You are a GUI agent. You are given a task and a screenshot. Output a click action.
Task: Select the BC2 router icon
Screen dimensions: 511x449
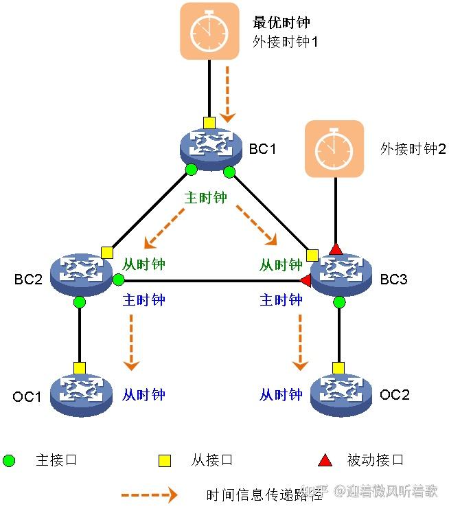[80, 274]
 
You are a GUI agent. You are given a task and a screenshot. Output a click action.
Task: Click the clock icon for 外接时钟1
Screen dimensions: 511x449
[209, 30]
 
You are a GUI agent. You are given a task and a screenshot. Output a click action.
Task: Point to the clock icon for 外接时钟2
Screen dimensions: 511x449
[334, 149]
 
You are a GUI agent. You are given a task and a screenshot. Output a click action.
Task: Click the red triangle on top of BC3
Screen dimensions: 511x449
[336, 248]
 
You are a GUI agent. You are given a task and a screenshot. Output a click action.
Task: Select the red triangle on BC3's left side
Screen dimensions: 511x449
[306, 280]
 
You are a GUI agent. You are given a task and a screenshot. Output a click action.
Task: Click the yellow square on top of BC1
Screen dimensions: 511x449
[209, 122]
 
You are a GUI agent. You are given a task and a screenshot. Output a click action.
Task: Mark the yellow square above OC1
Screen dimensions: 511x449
[80, 367]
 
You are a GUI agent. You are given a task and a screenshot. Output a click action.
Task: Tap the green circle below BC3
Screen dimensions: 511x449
[338, 302]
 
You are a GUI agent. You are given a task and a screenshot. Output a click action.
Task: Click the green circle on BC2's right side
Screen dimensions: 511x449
[118, 280]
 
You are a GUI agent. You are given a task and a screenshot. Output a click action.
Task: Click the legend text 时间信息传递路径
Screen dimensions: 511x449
[254, 495]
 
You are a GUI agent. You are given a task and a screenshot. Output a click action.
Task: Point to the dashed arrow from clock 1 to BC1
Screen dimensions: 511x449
[229, 93]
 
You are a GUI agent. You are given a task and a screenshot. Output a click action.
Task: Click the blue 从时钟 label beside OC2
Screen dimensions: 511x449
[281, 394]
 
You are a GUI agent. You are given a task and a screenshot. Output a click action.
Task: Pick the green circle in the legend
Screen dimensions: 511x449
[9, 459]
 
